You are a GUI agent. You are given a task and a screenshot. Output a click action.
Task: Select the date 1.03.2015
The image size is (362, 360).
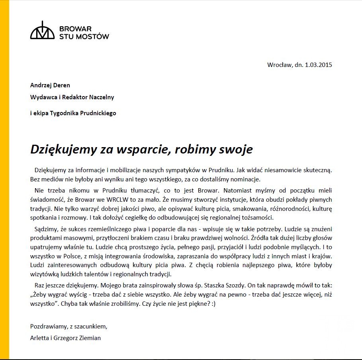(318, 65)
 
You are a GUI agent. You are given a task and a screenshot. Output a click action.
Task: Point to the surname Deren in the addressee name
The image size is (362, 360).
(62, 85)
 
